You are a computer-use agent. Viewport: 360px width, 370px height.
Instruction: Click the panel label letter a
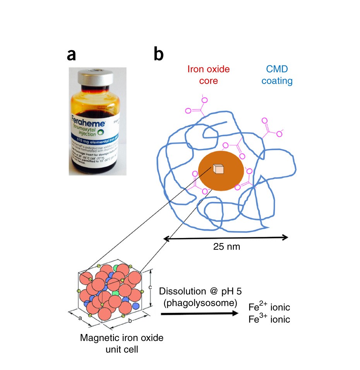tap(71, 55)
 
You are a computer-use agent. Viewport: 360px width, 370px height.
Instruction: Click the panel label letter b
tap(158, 55)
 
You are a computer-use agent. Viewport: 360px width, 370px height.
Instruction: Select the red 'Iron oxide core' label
tap(208, 75)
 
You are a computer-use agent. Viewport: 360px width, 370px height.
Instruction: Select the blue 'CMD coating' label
tap(277, 75)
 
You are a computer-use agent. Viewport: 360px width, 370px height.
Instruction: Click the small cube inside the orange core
tap(219, 169)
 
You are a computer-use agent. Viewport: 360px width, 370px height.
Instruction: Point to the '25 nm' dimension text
tap(226, 247)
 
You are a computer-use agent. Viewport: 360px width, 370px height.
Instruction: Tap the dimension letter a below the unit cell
tap(80, 318)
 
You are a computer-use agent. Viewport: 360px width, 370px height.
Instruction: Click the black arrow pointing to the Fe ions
tap(199, 313)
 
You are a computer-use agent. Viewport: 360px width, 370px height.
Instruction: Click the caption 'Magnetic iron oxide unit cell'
tap(122, 343)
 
